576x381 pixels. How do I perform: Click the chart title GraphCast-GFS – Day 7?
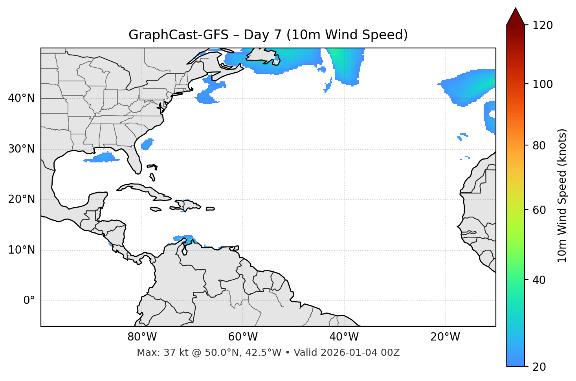[268, 35]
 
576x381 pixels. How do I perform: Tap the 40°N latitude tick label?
[21, 98]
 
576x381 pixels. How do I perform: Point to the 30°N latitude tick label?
[21, 149]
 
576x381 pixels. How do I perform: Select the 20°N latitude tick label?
[21, 199]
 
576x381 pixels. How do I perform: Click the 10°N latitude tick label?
[21, 250]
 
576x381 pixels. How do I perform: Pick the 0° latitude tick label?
[29, 301]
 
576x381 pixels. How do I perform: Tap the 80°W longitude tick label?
[142, 337]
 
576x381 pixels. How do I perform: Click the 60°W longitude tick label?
[243, 337]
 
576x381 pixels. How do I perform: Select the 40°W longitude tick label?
[344, 337]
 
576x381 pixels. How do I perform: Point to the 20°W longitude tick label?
[445, 337]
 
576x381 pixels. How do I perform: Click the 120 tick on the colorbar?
[543, 26]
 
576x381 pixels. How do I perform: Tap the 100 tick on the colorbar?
[543, 84]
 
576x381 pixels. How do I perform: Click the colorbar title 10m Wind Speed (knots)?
[562, 195]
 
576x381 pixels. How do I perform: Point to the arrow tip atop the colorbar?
[515, 9]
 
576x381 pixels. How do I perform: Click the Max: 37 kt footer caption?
[268, 353]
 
